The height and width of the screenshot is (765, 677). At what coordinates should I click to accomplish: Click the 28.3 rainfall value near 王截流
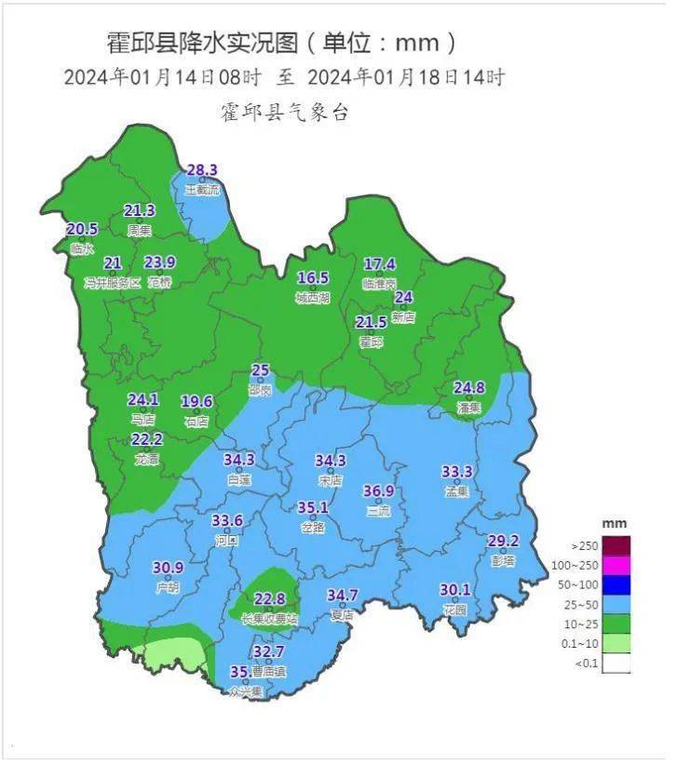[x=202, y=170]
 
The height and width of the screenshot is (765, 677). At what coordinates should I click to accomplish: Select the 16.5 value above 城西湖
[x=313, y=278]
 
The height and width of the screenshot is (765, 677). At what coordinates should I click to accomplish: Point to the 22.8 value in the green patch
[x=269, y=599]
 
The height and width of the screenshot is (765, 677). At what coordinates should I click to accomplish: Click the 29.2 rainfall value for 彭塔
[x=503, y=541]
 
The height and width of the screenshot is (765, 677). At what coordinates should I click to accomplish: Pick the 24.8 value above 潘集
[x=469, y=387]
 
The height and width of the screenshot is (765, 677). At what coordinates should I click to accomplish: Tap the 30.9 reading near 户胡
[x=168, y=568]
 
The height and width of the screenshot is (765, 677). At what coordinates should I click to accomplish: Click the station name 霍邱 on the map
[x=371, y=342]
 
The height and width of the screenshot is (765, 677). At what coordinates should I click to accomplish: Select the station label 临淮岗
[x=380, y=283]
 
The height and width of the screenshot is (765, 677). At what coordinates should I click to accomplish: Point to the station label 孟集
[x=456, y=490]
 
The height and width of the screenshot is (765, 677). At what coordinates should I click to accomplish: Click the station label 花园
[x=455, y=610]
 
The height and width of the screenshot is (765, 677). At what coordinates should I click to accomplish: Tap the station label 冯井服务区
[x=113, y=282]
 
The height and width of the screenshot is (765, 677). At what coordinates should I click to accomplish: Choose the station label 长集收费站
[x=269, y=618]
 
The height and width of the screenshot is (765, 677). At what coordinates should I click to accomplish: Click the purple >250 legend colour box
[x=616, y=545]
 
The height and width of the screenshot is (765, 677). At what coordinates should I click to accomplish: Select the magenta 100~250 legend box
[x=616, y=565]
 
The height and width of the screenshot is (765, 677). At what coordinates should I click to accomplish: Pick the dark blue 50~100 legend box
[x=616, y=584]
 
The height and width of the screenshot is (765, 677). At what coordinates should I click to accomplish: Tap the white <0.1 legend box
[x=616, y=664]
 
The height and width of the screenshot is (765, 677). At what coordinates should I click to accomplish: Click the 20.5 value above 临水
[x=82, y=230]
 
